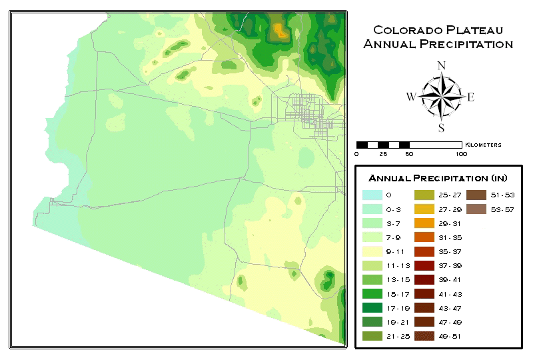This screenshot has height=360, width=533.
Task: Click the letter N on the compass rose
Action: [x=440, y=65]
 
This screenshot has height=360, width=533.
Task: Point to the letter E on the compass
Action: [x=470, y=97]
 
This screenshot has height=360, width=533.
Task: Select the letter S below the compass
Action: [x=440, y=128]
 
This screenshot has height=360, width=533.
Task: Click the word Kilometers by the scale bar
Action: [x=483, y=145]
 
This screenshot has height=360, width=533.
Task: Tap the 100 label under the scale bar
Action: [x=460, y=154]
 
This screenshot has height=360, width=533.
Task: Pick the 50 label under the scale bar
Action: [x=408, y=154]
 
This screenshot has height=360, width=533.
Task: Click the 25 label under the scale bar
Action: [x=382, y=154]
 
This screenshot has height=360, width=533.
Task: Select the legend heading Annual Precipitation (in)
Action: [x=438, y=179]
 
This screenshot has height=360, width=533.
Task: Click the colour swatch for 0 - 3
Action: [x=372, y=209]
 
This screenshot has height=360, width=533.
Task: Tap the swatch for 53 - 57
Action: [x=476, y=209]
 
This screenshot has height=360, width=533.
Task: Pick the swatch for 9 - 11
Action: [x=372, y=251]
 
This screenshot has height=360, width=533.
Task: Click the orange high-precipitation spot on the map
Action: [x=280, y=31]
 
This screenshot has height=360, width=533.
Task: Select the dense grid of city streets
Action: [x=310, y=111]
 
